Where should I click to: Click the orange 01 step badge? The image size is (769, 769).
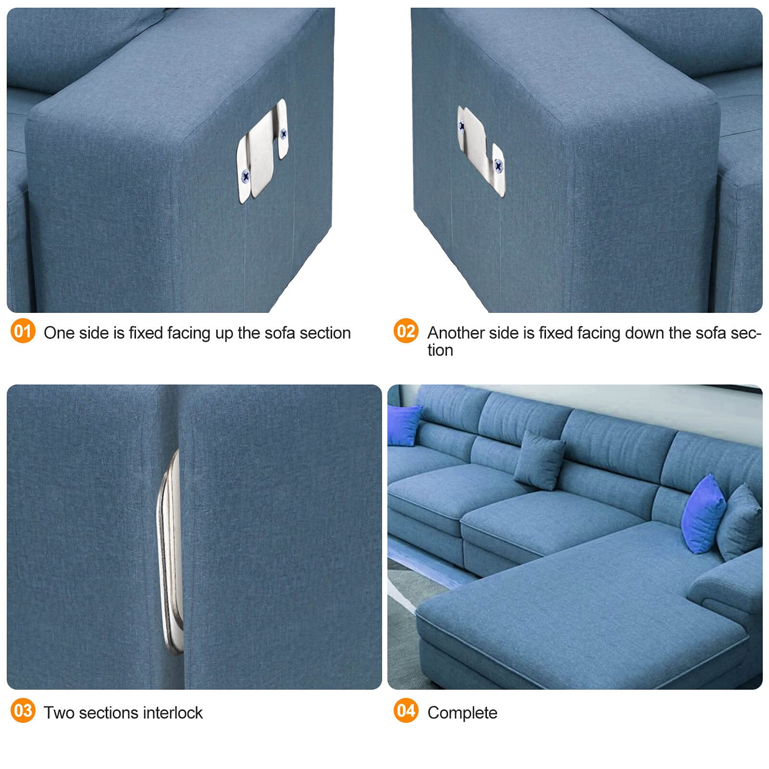(23, 331)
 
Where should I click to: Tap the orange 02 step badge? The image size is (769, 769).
(406, 331)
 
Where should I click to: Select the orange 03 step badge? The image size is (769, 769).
(23, 710)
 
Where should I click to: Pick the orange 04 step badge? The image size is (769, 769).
(406, 710)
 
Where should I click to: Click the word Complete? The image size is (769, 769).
(462, 713)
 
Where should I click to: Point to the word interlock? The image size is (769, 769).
(173, 712)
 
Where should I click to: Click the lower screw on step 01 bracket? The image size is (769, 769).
(246, 176)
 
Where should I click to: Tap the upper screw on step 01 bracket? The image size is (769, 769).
(284, 134)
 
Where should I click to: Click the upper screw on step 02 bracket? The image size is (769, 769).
(462, 126)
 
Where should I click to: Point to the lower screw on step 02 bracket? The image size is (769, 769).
(498, 166)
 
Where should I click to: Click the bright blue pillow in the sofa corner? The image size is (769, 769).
(404, 425)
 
